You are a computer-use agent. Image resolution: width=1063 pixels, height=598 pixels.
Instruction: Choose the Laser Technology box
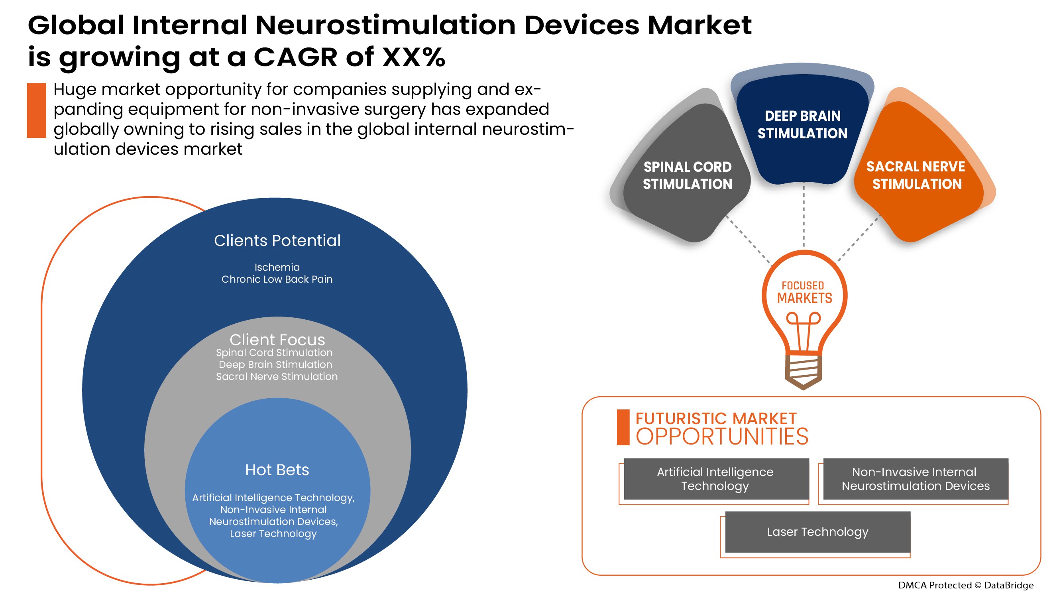click(x=817, y=531)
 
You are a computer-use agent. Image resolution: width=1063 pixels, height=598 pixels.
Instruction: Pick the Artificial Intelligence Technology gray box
click(x=715, y=479)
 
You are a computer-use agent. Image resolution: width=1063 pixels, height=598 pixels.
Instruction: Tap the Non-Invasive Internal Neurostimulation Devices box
click(x=915, y=479)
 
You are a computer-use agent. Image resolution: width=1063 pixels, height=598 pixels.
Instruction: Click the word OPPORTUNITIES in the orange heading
click(x=722, y=437)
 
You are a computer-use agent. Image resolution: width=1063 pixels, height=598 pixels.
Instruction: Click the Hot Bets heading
click(x=277, y=470)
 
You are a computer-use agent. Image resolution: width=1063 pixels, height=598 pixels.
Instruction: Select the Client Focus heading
click(x=277, y=340)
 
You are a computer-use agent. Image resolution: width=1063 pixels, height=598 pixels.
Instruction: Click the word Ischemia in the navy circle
click(x=277, y=268)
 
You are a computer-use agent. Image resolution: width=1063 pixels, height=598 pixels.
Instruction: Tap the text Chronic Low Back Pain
click(x=277, y=279)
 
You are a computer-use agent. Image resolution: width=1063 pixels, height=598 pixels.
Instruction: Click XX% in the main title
click(x=413, y=57)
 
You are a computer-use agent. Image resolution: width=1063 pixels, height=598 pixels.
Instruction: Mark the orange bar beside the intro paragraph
click(x=36, y=110)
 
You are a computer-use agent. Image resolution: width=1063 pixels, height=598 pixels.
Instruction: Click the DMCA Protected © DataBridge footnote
click(x=966, y=585)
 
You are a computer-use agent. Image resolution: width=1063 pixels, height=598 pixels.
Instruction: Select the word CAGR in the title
click(x=295, y=57)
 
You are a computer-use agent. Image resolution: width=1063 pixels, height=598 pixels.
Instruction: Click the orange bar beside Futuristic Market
click(x=623, y=427)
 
